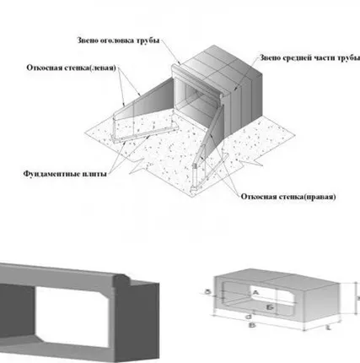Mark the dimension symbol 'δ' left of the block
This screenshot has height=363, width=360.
point(208,290)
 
